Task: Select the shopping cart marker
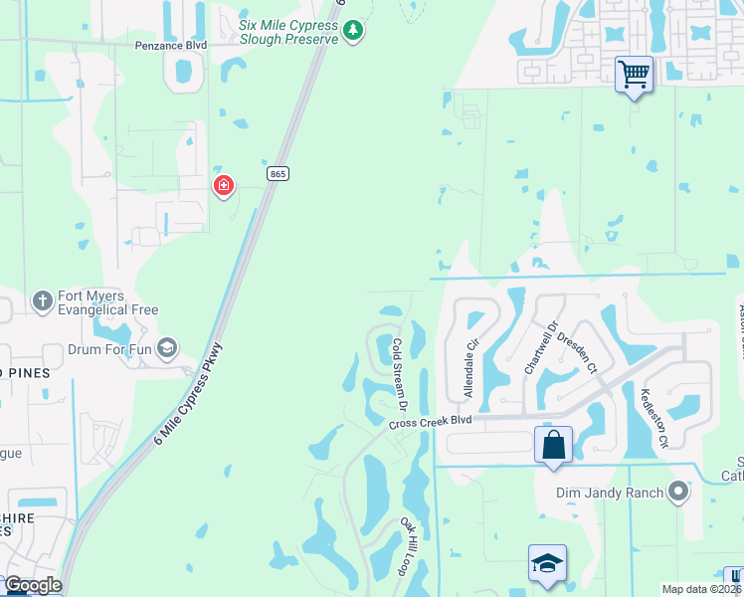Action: point(634,73)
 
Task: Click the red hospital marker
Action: point(225,185)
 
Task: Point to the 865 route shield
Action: point(279,174)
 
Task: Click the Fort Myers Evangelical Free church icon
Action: point(42,299)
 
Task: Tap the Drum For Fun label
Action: point(109,349)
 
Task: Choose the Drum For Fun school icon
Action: point(167,347)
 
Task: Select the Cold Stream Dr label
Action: point(400,374)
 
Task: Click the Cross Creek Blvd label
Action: point(432,422)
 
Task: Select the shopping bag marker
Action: point(554,443)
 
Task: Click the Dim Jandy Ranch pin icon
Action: point(679,491)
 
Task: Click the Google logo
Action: point(32,585)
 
